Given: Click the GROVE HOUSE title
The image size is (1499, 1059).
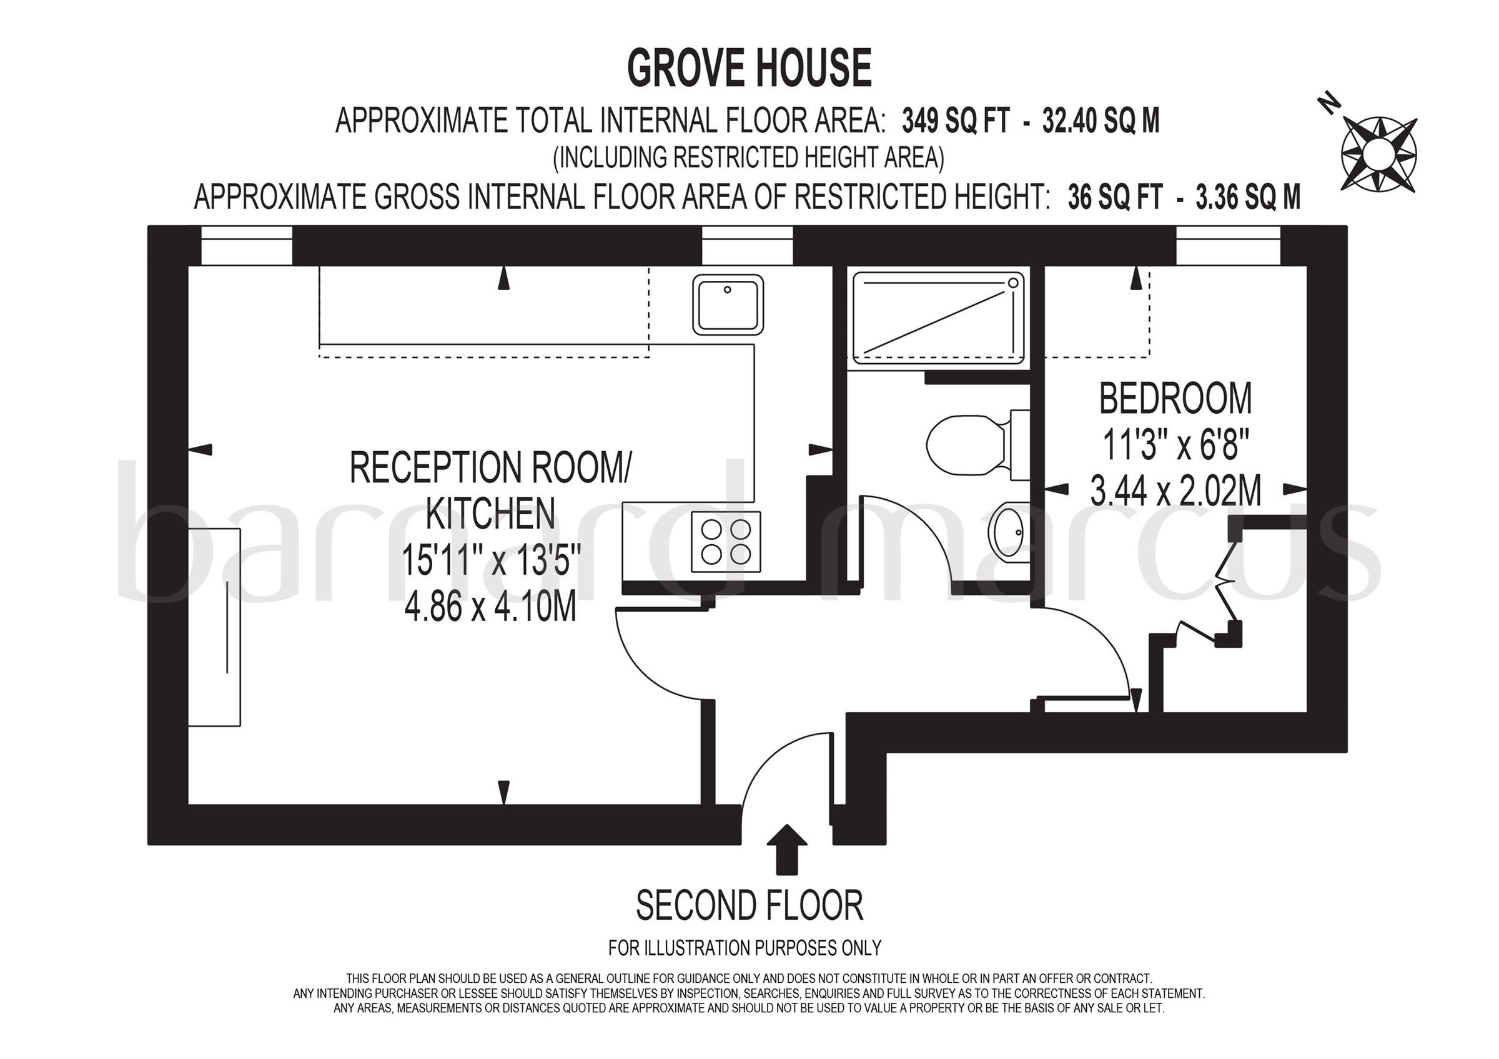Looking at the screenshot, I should point(749,69).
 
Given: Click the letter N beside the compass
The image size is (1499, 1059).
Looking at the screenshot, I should point(1328,105).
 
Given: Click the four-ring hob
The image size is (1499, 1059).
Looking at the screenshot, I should point(726,542).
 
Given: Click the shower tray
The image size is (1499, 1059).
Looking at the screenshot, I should point(938,317).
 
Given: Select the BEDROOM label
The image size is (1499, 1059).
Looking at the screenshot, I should point(1175,399).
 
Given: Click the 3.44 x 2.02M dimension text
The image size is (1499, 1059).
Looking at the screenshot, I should point(1175,491).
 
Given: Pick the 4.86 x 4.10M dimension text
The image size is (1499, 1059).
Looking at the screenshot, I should point(490,607).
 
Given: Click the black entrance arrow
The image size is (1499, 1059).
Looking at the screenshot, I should point(789,848).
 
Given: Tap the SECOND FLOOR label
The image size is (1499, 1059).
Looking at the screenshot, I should point(749,905).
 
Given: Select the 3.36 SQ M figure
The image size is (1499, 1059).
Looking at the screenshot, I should point(1248,197).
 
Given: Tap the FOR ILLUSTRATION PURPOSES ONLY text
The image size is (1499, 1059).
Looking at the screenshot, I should point(745,947).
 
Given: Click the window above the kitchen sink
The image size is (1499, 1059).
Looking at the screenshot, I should point(747,246).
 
